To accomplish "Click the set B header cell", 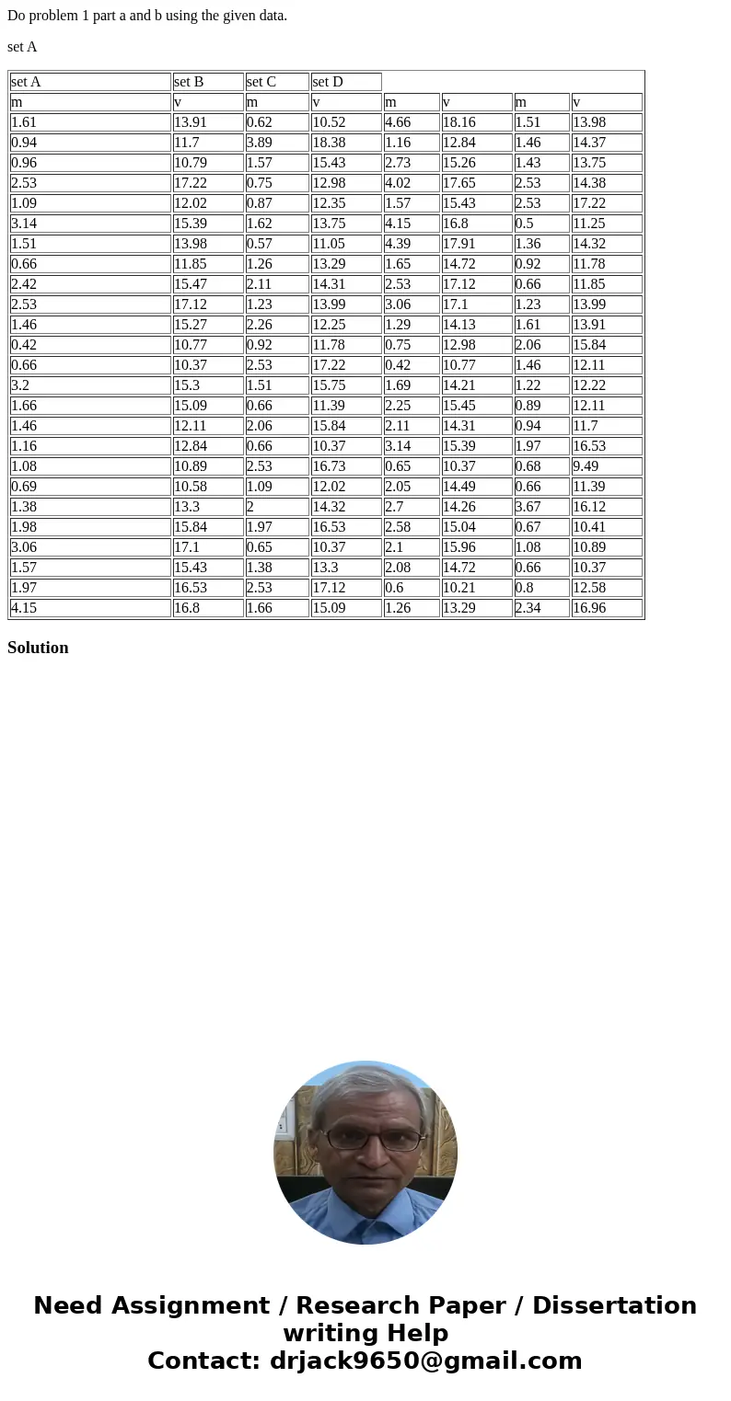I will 207,82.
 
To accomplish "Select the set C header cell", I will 276,82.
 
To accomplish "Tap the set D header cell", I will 345,82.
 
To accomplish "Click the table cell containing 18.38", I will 345,143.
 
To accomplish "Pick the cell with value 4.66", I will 411,122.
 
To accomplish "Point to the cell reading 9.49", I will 606,466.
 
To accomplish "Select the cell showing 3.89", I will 276,143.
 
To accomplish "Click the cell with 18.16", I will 476,122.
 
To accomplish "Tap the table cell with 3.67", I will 541,507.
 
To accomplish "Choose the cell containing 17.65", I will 476,183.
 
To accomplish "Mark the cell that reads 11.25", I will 606,224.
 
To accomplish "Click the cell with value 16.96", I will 606,608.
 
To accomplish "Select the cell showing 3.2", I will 90,385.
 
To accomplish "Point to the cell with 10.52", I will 345,122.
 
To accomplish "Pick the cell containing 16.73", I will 345,466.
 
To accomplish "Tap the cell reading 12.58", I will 606,588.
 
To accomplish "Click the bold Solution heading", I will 38,648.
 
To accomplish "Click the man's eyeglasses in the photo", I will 373,1139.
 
